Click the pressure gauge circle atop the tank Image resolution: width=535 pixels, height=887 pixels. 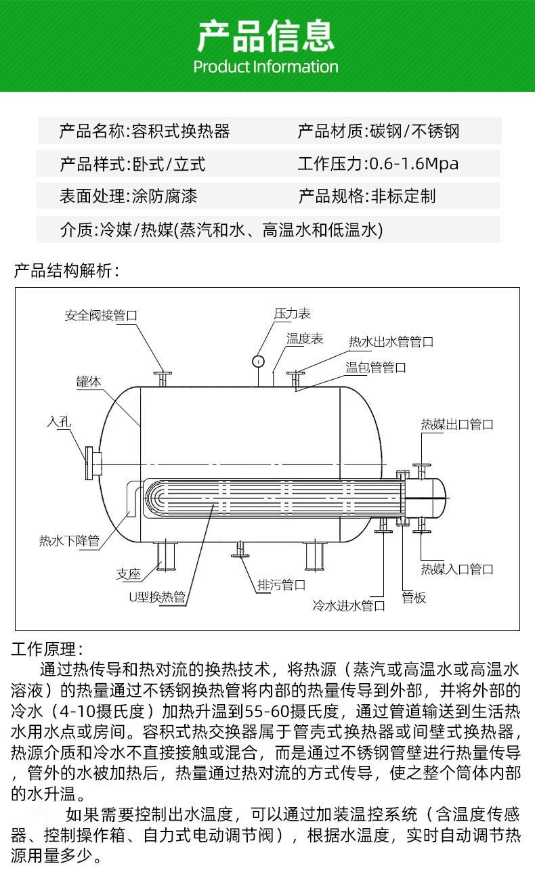coord(258,361)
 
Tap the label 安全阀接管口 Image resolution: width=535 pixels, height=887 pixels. coord(101,316)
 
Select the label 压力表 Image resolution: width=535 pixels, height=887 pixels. coord(293,313)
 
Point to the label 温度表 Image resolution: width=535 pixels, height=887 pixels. coord(305,339)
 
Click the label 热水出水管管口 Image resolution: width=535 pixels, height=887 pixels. coord(391,342)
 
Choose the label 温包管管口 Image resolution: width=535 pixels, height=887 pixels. coord(375,368)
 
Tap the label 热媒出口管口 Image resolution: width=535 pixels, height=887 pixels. coord(456,425)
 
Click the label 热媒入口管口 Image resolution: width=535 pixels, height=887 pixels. coord(456,569)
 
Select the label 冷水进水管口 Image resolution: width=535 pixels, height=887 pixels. coord(349,605)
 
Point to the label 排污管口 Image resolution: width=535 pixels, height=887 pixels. coord(281,584)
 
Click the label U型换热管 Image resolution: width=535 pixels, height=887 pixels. coord(157,597)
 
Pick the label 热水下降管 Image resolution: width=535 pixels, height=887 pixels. coord(69,540)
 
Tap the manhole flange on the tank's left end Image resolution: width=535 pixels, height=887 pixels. coord(93,463)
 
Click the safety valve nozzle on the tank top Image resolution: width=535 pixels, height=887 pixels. coord(163,378)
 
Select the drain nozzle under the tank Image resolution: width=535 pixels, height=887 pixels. coord(240,549)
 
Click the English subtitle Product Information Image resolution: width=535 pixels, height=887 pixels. coord(265,66)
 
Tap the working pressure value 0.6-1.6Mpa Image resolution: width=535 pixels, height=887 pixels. coord(414,164)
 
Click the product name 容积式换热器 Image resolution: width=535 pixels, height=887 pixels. coord(181,131)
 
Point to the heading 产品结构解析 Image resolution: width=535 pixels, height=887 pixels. coord(66,271)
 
